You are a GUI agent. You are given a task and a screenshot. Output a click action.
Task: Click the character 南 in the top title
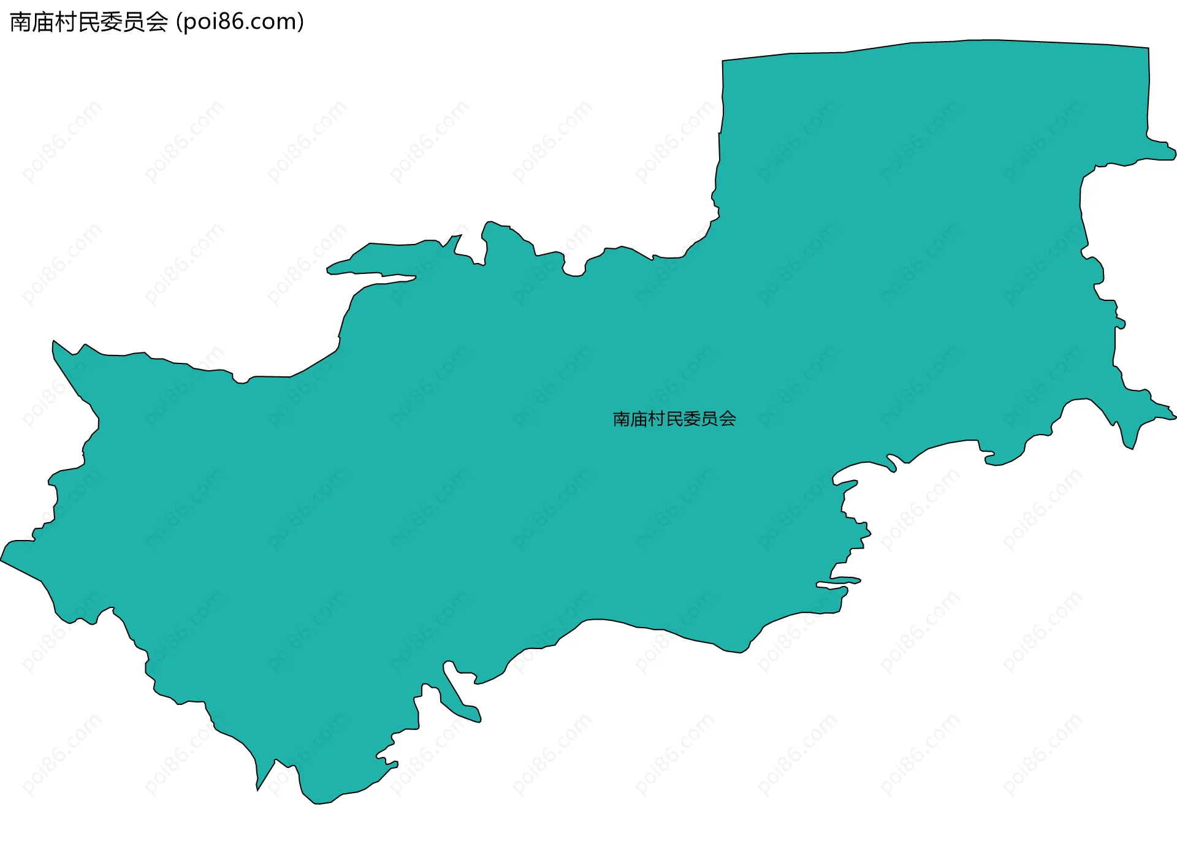click(x=20, y=22)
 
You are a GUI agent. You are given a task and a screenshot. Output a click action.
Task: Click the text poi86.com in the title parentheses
click(x=240, y=22)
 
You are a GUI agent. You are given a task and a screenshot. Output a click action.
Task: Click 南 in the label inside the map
click(x=622, y=419)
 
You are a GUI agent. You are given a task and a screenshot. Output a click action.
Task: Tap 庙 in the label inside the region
click(x=639, y=419)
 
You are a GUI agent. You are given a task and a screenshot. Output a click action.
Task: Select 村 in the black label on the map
click(x=657, y=419)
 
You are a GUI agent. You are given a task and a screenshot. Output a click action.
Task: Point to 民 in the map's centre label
click(x=674, y=419)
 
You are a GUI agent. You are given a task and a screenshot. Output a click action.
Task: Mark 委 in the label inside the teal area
click(x=692, y=419)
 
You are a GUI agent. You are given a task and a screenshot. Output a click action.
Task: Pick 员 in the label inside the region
click(x=710, y=419)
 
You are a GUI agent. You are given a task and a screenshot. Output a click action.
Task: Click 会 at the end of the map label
click(x=728, y=419)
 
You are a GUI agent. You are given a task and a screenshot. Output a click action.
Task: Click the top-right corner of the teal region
click(x=1148, y=48)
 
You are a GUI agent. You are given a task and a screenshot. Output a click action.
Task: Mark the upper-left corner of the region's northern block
click(x=723, y=61)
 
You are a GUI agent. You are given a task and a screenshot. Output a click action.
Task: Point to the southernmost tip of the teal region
click(x=316, y=803)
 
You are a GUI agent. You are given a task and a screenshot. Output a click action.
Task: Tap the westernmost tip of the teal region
click(x=2, y=560)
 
